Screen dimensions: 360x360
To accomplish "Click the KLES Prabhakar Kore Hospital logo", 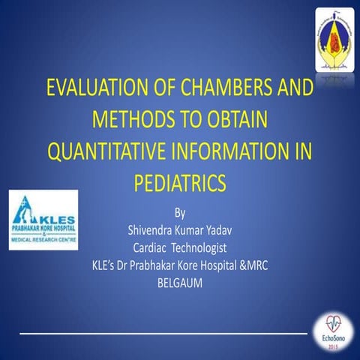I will click(42, 220).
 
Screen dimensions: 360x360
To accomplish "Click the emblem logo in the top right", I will click(334, 35).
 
